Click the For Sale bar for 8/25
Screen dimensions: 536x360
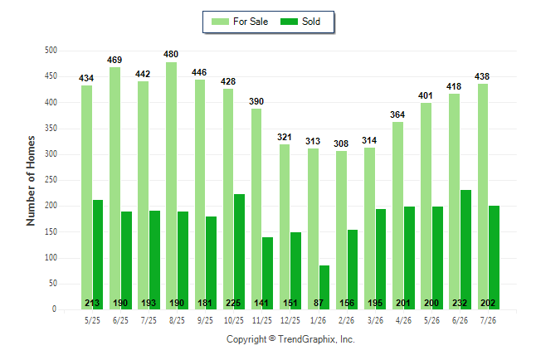coord(172,186)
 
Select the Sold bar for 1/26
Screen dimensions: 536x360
coord(324,287)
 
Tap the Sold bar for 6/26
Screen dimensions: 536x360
coord(466,250)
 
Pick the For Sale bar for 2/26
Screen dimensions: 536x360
coord(341,230)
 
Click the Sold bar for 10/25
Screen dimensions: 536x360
coord(239,251)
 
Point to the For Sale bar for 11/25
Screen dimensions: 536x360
coord(256,209)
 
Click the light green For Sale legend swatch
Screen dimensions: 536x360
coord(220,22)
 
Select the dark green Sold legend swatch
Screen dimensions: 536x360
coord(290,22)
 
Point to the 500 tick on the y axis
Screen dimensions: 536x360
coord(51,51)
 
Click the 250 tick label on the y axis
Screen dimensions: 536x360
coord(51,180)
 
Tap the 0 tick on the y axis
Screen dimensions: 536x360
coord(54,309)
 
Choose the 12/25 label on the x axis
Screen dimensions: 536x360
coord(290,320)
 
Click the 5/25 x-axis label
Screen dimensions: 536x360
coord(92,320)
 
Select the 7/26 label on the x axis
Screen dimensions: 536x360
coord(488,320)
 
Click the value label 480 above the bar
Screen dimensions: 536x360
coord(171,55)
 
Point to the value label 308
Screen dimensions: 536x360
coord(341,144)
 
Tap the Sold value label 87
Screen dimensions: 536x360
coord(319,303)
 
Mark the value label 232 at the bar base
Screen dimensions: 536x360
coord(460,303)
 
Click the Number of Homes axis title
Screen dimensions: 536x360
coord(31,181)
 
